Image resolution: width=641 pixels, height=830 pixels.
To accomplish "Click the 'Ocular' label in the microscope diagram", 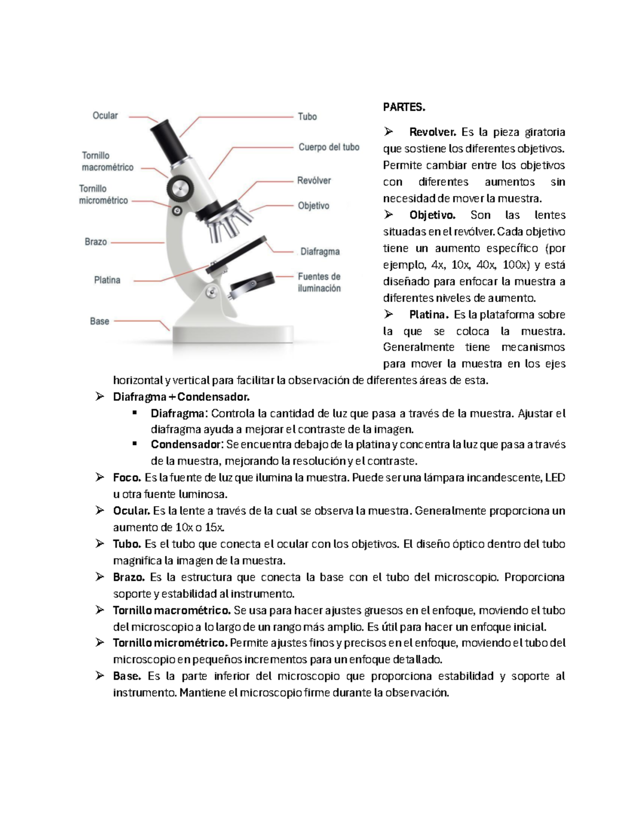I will (105, 115).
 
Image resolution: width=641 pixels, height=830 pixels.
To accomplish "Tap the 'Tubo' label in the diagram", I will (307, 117).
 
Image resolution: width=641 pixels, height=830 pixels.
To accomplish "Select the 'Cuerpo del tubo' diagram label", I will (329, 147).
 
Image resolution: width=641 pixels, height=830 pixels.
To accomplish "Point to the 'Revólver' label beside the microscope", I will (314, 181).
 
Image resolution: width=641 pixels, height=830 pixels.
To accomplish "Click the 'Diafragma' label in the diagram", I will (320, 251).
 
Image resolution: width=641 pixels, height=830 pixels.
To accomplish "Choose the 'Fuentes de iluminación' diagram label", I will (319, 282).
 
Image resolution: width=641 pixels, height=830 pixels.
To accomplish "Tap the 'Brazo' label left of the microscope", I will (96, 242).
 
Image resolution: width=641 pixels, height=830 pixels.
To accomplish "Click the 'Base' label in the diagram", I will (99, 321).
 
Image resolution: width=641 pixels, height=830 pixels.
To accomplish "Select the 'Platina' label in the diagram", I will (107, 280).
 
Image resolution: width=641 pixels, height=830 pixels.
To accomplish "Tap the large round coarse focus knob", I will (179, 188).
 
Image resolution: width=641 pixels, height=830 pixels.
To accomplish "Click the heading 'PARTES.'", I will (404, 107).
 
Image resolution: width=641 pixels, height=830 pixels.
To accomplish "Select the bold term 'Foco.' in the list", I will (127, 478).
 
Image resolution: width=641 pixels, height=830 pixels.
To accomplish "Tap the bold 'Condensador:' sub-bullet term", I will (186, 445).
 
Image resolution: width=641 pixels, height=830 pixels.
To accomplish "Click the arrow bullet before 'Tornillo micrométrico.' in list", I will (100, 643).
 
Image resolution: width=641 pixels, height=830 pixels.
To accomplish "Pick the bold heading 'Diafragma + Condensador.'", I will (181, 397).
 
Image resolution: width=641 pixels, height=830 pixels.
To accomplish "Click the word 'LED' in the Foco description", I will (555, 478).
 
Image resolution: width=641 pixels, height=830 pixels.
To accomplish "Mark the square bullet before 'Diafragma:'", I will (135, 413).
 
